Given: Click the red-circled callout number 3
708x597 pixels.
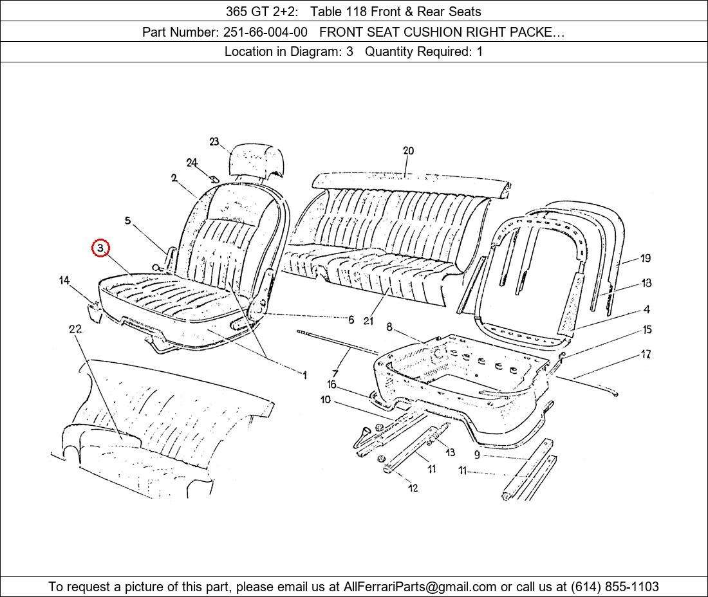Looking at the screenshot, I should pos(100,248).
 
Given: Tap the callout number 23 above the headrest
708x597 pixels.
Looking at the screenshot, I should pos(214,142).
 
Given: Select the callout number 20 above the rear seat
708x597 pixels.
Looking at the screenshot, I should pos(408,151).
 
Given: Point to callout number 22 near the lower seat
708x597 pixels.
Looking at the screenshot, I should pos(75,329).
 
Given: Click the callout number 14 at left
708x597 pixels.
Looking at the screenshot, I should pos(64,280).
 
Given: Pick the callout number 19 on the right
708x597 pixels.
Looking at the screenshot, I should pos(645,258).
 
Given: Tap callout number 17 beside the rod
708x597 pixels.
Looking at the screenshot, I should pos(646,354).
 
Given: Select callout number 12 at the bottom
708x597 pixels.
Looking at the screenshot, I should pos(413,488).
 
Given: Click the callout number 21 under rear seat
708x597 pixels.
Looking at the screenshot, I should pos(368,320).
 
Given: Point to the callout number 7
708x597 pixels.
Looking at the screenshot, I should pos(335,372).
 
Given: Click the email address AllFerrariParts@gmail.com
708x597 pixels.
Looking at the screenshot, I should pos(420,587).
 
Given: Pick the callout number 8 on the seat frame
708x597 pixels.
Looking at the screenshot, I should pos(389,327).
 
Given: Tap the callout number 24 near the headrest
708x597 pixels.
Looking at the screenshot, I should pos(192,163).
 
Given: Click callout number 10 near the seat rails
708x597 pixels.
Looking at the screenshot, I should pos(326,400).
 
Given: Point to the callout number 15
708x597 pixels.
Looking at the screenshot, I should pos(647,329).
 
